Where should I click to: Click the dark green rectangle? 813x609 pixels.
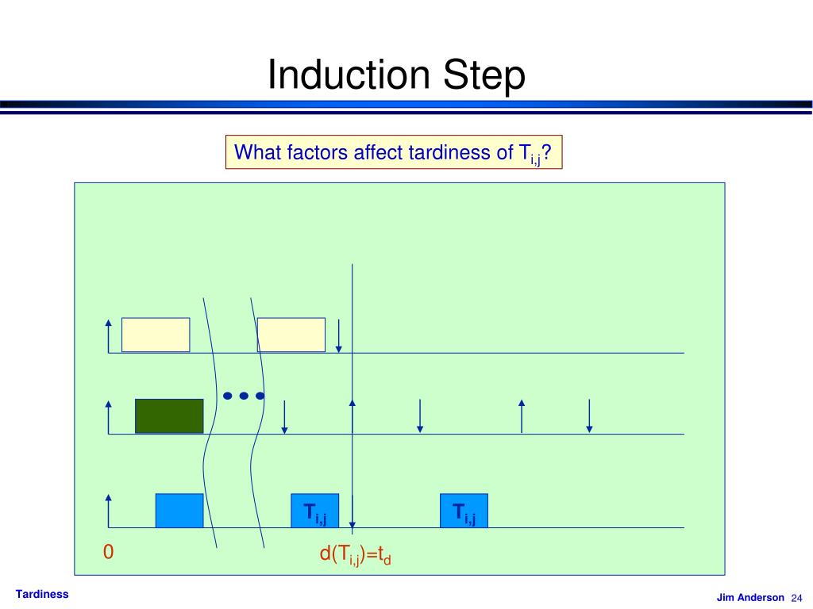[169, 416]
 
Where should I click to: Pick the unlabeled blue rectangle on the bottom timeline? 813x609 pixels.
[179, 511]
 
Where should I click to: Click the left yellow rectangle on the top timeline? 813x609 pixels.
[156, 335]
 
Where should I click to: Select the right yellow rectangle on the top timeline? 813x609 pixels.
[291, 335]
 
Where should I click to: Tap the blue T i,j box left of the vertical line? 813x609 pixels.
[315, 511]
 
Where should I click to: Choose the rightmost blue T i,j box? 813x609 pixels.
[464, 511]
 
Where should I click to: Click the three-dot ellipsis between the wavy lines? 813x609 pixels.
[243, 395]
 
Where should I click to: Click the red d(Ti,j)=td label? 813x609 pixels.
[356, 554]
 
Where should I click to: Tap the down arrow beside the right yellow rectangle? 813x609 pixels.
[339, 335]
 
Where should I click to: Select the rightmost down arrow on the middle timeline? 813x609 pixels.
[589, 416]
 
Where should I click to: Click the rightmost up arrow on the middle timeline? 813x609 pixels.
[522, 416]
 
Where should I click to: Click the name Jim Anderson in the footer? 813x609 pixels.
[750, 598]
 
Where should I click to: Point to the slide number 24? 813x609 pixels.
[797, 598]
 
